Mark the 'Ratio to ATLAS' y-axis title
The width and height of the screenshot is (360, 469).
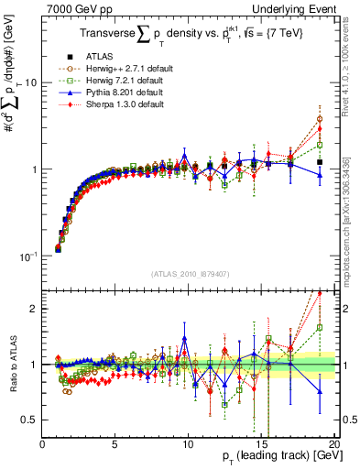[x=12, y=365]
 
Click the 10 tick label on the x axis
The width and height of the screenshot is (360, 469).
[x=187, y=442]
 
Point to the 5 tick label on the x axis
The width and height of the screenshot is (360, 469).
[x=115, y=442]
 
